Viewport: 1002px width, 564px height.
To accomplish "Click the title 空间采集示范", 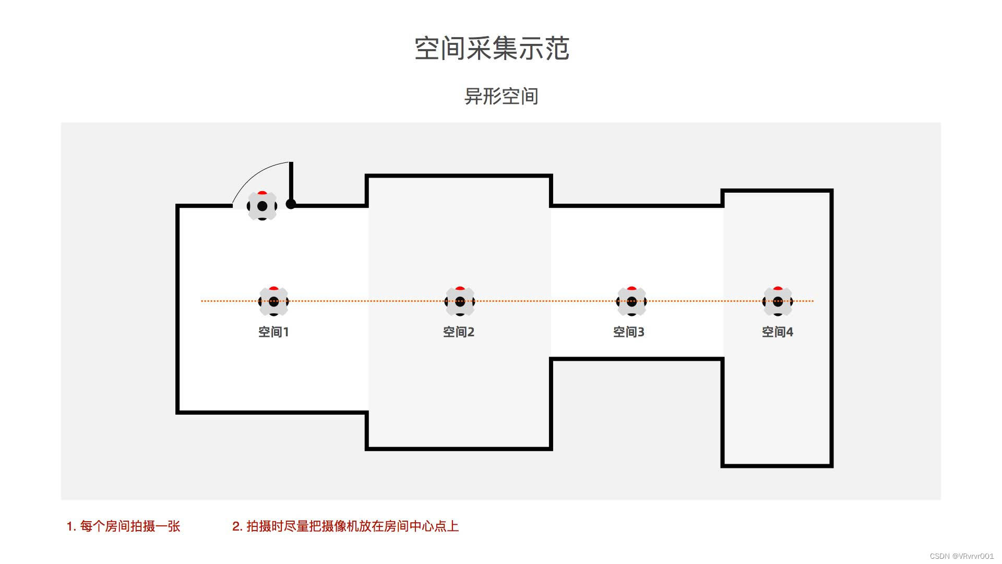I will coord(492,49).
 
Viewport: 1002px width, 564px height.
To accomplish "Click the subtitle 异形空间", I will coord(501,96).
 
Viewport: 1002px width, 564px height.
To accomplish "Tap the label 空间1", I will coord(273,332).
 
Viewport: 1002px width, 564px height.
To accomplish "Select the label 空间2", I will coord(459,332).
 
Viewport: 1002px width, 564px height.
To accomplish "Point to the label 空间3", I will coord(629,332).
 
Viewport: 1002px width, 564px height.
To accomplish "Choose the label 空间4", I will coord(778,332).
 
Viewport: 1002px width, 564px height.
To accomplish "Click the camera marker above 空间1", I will coord(273,301).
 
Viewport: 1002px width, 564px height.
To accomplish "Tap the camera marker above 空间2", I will coord(460,301).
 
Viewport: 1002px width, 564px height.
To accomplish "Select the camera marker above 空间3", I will coord(631,301).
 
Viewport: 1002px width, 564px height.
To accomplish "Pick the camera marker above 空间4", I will coord(778,301).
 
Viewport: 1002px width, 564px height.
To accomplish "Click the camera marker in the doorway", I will coord(262,206).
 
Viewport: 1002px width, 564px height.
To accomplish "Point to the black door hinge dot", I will coord(291,204).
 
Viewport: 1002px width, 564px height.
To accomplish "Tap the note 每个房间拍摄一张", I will coord(130,526).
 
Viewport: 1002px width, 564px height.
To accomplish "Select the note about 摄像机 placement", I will coord(352,526).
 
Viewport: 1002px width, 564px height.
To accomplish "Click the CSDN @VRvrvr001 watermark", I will coord(961,556).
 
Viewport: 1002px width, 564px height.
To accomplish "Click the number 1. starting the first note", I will coord(71,526).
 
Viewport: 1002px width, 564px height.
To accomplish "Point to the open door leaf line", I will coord(291,180).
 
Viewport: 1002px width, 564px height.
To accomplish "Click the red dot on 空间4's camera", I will coord(778,288).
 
